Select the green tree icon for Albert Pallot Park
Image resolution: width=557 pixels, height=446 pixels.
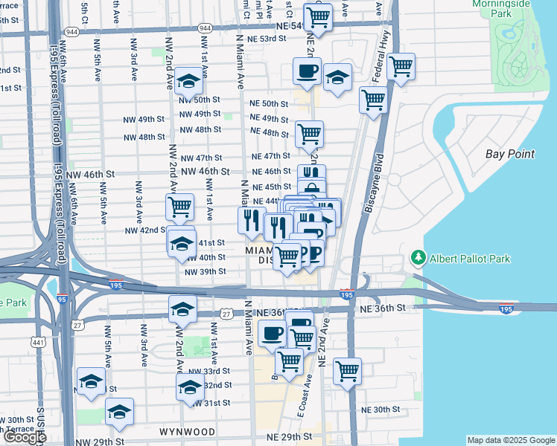tap(418, 259)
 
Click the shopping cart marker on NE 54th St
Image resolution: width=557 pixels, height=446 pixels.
tap(319, 16)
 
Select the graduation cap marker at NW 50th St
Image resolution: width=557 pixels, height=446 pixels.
tap(190, 83)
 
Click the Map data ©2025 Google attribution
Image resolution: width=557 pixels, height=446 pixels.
tap(510, 440)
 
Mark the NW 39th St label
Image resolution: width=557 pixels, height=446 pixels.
tap(205, 271)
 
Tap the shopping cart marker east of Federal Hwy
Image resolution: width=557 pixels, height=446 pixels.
tap(401, 67)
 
